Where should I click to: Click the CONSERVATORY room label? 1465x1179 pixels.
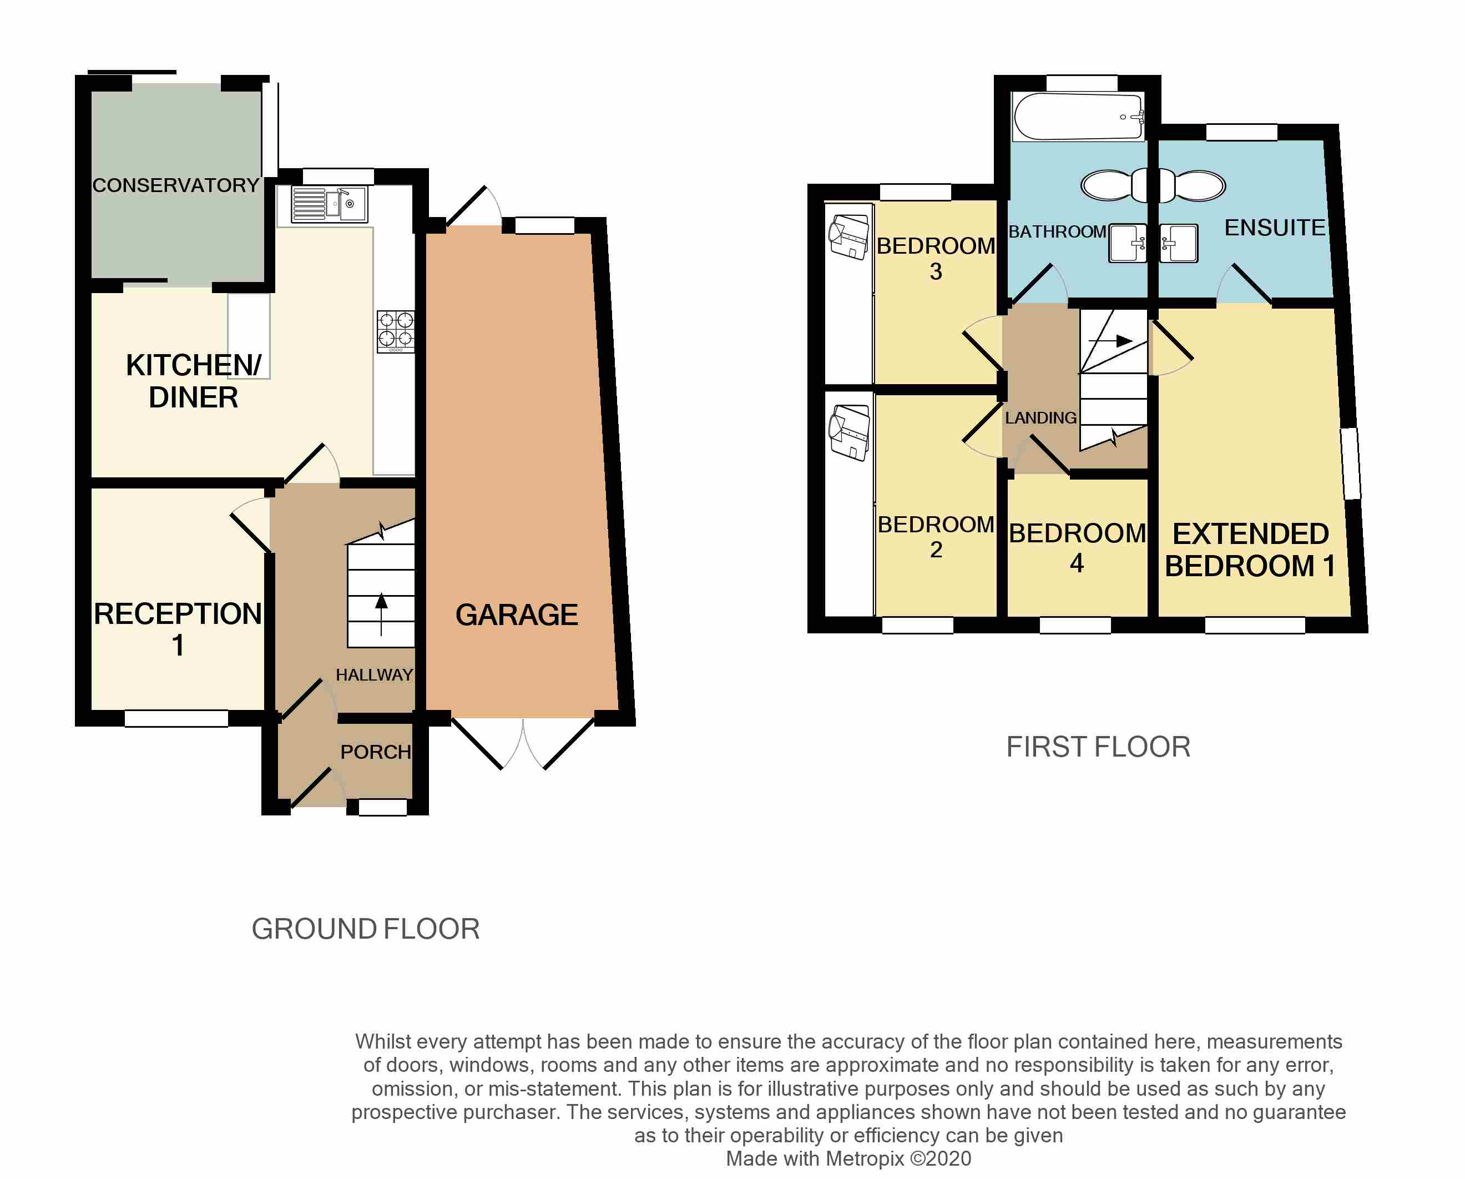coord(176,185)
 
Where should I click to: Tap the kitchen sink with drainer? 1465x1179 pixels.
coord(329,204)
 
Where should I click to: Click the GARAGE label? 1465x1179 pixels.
coord(517,615)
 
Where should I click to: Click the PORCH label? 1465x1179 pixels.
coord(376,752)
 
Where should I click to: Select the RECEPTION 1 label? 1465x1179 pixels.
coord(178,628)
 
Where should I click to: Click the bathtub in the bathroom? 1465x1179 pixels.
coord(1078,117)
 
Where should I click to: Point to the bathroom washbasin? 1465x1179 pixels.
coord(1127,243)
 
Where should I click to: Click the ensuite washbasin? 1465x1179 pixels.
coord(1178,243)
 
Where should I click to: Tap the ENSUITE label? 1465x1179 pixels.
coord(1275,228)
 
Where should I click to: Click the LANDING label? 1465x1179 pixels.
coord(1040,418)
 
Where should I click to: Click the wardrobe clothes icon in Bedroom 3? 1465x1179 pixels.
coord(848,236)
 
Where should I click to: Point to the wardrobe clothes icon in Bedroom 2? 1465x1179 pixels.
coord(848,432)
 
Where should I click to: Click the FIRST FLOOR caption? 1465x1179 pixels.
coord(1098,748)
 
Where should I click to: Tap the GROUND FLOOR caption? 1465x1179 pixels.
coord(366,929)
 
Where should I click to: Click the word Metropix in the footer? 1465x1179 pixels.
coord(863,1158)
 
